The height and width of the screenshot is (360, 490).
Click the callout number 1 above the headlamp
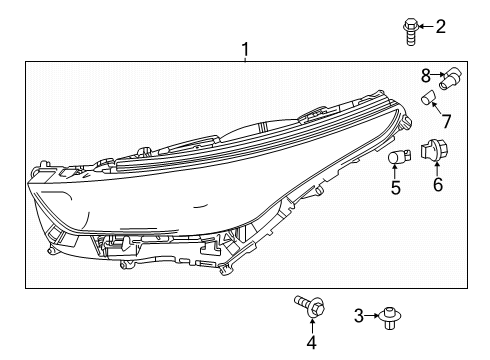(243, 47)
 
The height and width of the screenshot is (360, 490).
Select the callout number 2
(440, 26)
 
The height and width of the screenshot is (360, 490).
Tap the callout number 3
(358, 316)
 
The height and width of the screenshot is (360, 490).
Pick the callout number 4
(311, 343)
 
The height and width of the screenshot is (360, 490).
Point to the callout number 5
(396, 187)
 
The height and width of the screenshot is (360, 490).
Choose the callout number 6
(437, 185)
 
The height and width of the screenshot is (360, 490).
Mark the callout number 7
(446, 121)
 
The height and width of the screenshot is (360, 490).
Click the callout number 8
(426, 74)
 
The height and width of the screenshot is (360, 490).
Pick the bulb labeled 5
(396, 159)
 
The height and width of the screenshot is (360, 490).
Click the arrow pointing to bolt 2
(424, 26)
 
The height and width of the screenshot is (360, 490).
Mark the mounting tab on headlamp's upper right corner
(406, 121)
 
